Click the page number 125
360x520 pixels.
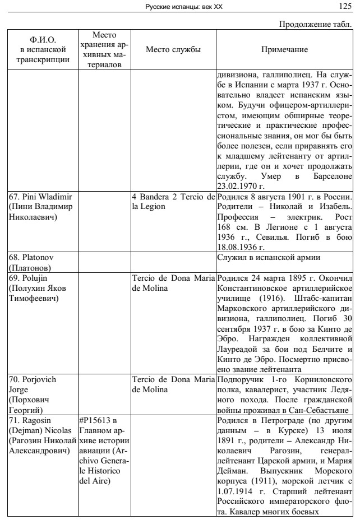coord(345,6)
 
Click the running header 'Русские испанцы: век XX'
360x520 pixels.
coord(180,6)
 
